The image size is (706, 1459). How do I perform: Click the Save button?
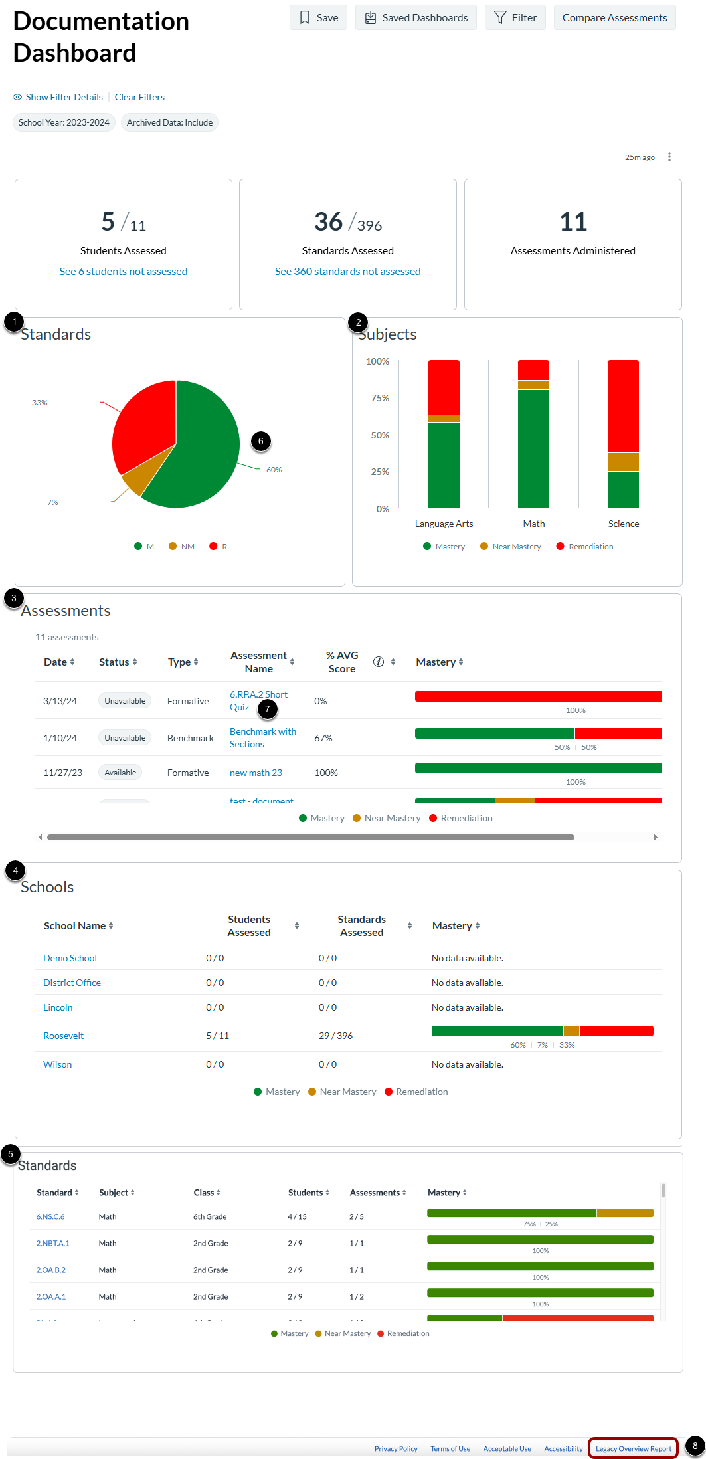pos(318,17)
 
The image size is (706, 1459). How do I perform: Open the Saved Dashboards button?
pos(416,17)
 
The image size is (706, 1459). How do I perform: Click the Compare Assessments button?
pos(614,17)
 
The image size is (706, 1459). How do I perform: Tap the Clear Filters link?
pos(139,97)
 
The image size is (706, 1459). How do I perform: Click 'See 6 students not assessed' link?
pos(124,271)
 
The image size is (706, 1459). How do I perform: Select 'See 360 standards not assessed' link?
pos(347,271)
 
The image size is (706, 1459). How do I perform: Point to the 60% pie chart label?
pos(274,470)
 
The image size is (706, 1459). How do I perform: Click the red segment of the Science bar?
pos(623,405)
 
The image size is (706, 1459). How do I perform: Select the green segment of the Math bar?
pos(533,448)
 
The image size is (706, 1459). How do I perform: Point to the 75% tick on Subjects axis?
pos(380,398)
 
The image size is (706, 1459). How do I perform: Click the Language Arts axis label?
pos(444,524)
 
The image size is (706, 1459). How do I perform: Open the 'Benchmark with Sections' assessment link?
pos(262,737)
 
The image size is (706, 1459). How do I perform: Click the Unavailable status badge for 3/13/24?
pos(125,701)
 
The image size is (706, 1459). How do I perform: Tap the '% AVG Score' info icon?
pos(379,662)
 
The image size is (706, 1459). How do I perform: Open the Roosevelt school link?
pos(63,1036)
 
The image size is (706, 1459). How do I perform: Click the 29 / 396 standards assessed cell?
pos(335,1036)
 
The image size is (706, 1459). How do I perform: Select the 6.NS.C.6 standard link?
pos(50,1216)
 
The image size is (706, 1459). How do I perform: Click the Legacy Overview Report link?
pos(633,1448)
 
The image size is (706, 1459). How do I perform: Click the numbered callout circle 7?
pos(268,709)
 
